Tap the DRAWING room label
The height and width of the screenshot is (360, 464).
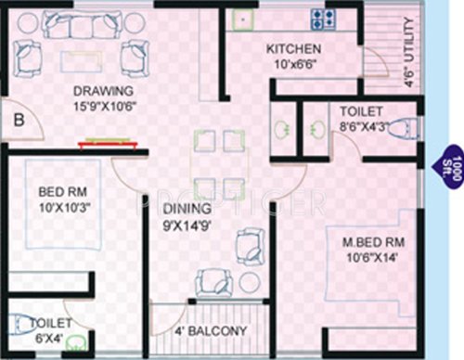click(105, 91)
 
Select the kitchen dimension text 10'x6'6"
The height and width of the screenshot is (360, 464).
click(294, 66)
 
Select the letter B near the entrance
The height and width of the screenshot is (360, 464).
click(19, 118)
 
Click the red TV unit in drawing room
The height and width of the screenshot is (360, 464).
click(110, 143)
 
